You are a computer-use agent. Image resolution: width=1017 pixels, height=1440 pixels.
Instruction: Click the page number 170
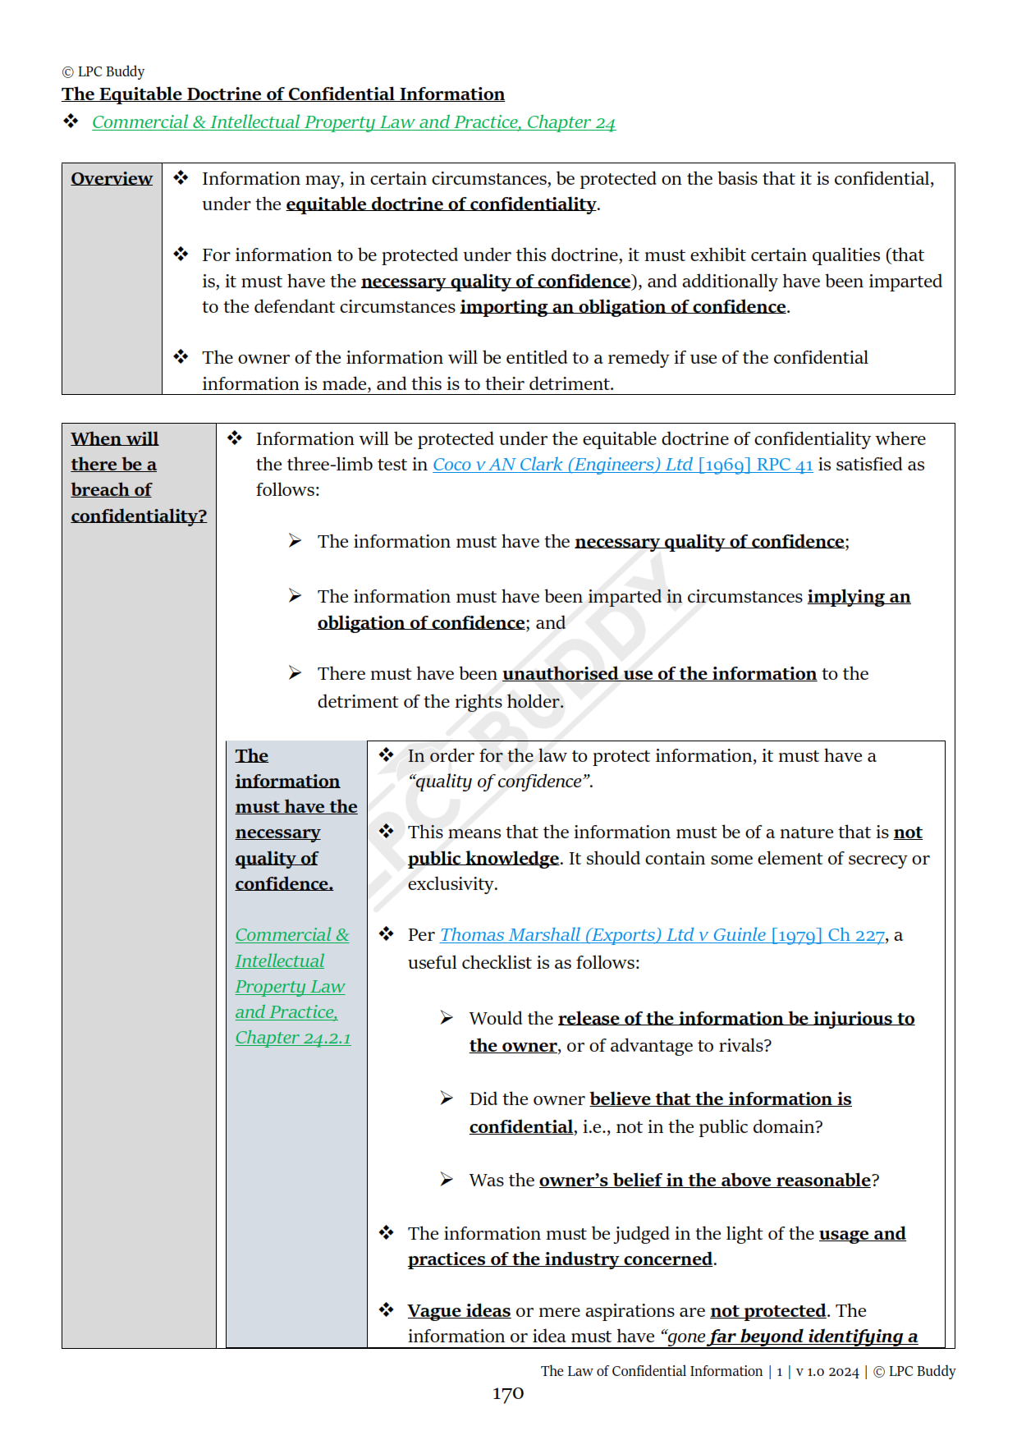coord(507,1393)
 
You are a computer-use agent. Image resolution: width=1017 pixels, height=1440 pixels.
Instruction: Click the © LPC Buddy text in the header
coord(103,71)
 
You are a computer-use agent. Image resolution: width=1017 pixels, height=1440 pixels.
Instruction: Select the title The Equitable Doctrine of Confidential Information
coord(283,94)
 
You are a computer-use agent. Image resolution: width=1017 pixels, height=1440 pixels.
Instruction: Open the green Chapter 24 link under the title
coord(353,122)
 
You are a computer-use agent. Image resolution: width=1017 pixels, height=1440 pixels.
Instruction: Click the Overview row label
coord(112,179)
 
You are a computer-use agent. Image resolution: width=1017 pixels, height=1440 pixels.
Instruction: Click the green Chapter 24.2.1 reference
coord(292,1038)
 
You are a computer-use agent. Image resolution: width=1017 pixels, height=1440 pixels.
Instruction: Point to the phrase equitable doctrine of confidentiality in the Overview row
coord(441,204)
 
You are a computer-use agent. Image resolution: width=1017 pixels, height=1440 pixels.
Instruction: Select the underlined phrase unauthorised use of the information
coord(659,674)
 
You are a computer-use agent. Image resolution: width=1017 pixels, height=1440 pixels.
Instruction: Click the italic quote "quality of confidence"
coord(500,782)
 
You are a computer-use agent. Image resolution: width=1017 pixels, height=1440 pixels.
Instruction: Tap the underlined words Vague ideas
coord(459,1311)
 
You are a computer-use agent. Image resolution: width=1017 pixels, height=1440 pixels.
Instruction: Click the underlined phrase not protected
coord(767,1311)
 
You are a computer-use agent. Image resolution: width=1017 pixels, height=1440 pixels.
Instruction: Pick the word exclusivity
coord(452,884)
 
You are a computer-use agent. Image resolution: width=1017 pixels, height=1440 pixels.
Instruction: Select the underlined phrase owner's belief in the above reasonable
coord(704,1181)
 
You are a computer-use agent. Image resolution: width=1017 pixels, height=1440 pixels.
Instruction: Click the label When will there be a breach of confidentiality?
coord(138,477)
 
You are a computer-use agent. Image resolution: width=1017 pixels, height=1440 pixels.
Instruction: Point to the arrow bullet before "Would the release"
coord(447,1018)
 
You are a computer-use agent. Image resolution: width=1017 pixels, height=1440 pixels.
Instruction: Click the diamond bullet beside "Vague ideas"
coord(387,1310)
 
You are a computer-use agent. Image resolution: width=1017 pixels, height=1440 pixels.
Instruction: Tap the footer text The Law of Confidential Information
coord(652,1371)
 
